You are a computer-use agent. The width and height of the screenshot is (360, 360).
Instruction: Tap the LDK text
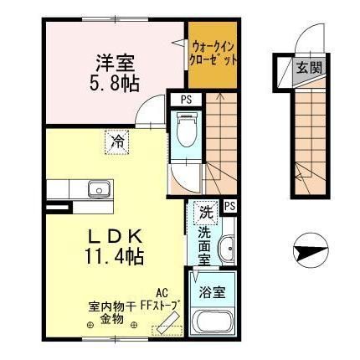(114, 235)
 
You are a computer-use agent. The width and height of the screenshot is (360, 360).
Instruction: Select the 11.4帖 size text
(114, 256)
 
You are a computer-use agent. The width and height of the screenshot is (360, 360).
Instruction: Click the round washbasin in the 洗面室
(226, 249)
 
